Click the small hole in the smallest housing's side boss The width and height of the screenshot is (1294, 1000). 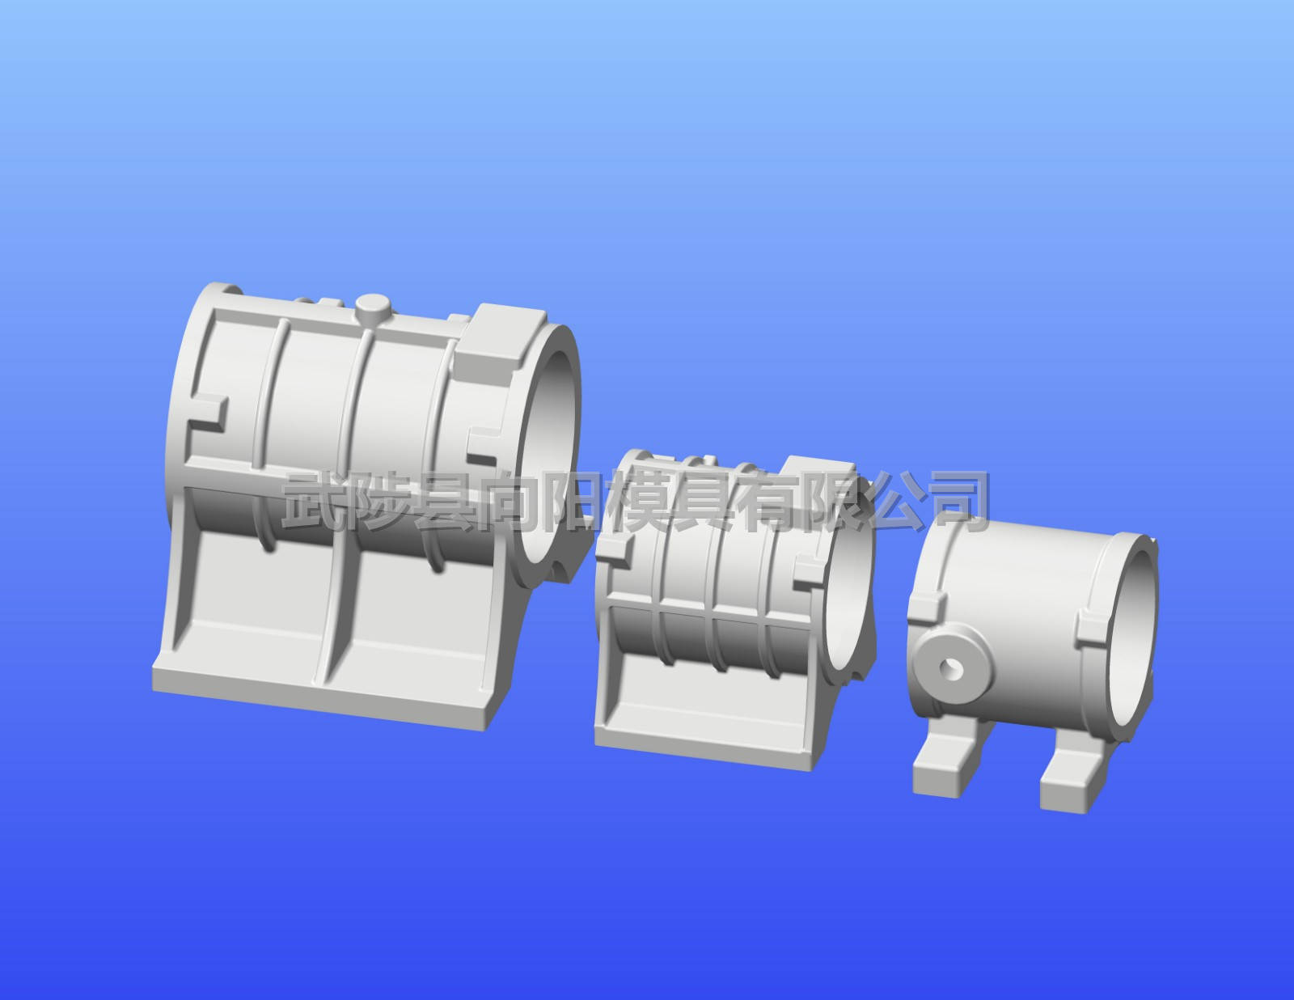point(950,668)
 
